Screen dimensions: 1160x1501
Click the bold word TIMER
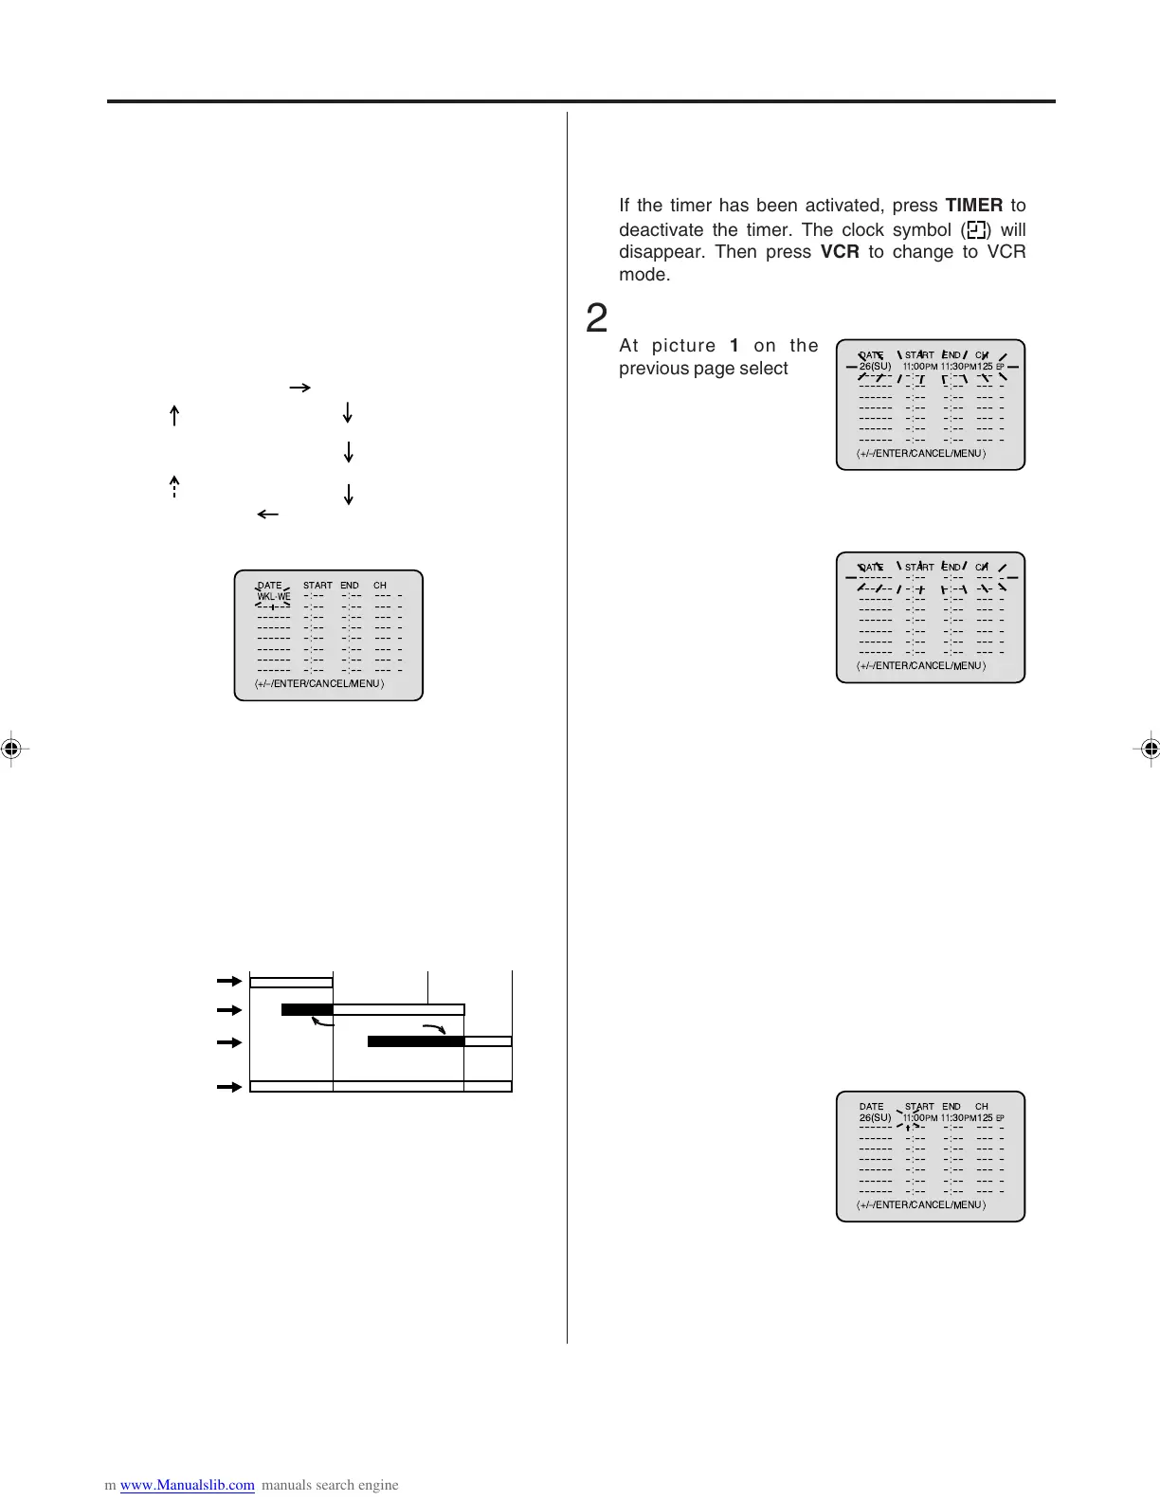[973, 206]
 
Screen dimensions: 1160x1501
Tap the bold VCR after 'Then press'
[840, 252]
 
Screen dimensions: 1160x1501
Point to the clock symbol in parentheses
[977, 230]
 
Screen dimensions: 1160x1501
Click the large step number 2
[596, 318]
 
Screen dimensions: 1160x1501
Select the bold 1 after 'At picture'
[734, 346]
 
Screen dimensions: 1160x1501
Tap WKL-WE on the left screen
[274, 597]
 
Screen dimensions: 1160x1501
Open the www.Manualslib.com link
[187, 1485]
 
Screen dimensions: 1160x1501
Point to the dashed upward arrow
[174, 485]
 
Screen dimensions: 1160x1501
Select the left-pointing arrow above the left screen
[267, 515]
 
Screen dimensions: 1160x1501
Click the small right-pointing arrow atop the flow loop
[299, 388]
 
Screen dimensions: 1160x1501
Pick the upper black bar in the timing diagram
[307, 1009]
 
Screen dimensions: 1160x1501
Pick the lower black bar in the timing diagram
[415, 1041]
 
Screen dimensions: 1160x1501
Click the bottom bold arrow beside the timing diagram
[228, 1087]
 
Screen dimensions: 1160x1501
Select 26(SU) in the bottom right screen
[875, 1118]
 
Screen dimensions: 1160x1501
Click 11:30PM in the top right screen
[958, 367]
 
